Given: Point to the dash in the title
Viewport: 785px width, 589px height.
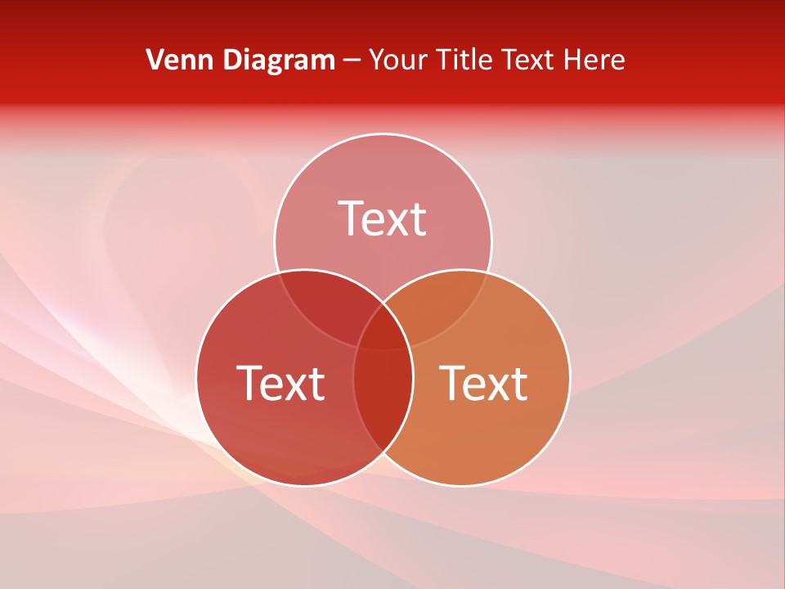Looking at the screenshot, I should [x=352, y=61].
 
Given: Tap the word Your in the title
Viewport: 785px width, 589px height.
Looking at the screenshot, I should [x=396, y=60].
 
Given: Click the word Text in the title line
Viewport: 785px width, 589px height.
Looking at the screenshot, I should [x=529, y=60].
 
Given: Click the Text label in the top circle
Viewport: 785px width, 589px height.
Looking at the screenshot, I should [x=383, y=218].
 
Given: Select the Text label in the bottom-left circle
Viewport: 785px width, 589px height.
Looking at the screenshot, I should [x=280, y=382].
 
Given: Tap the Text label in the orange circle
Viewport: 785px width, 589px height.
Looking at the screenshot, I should [x=484, y=382].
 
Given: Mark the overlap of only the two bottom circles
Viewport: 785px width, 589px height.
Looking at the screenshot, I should [x=383, y=401].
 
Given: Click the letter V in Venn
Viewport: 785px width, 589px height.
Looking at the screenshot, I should [x=155, y=60].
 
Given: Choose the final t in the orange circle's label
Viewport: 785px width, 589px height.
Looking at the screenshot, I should [x=518, y=384].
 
